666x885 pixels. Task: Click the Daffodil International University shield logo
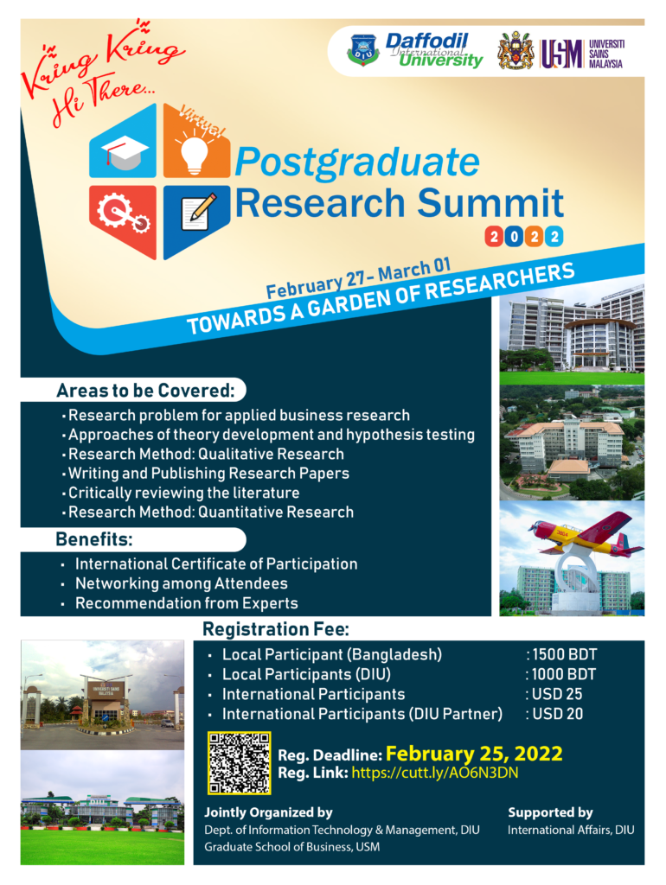pos(362,49)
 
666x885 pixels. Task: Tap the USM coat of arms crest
pos(516,51)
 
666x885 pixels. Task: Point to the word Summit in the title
pos(490,202)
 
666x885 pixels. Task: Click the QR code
pos(240,763)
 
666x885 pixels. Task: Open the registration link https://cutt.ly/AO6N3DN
pos(435,773)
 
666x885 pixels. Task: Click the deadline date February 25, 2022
pos(474,754)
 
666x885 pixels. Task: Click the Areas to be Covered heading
pos(145,391)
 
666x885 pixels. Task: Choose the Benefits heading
pos(93,539)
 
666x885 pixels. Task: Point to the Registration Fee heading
pos(276,629)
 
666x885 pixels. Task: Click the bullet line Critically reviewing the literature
pos(183,493)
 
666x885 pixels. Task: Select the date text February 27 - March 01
pos(358,277)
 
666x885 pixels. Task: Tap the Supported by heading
pos(550,812)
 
